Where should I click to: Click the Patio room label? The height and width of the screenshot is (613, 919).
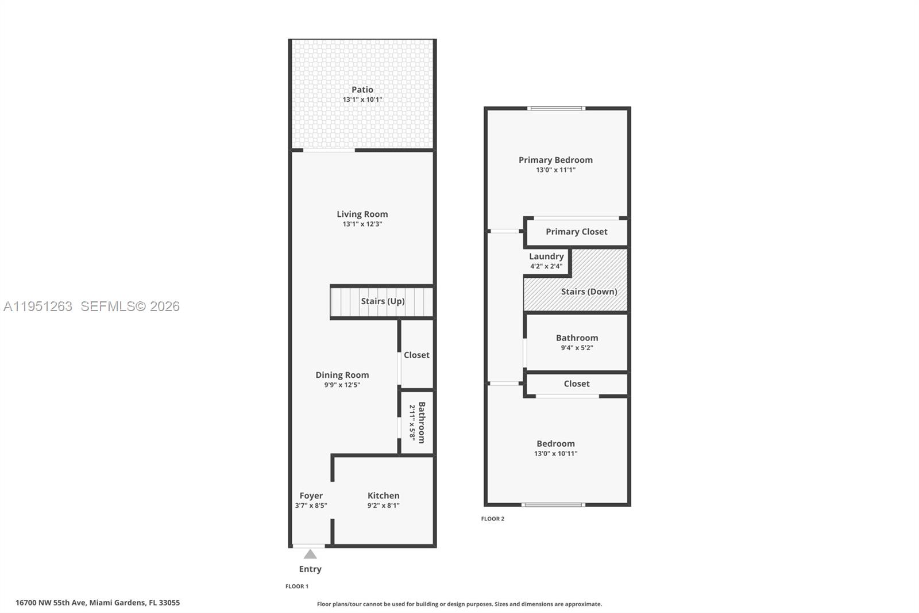coord(362,90)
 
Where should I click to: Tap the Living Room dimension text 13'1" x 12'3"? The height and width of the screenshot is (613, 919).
coord(362,224)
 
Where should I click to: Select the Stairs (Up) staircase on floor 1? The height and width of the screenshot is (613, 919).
coord(382,301)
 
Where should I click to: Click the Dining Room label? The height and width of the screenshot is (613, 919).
coord(342,375)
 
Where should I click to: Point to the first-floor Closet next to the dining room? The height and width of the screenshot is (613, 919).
coord(416,355)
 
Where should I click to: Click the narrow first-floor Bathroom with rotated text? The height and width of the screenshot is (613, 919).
coord(417,423)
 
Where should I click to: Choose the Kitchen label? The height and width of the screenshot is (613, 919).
coord(383,496)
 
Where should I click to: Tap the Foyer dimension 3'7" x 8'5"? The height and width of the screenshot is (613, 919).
coord(311,505)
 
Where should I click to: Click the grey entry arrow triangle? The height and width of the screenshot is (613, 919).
coord(310,554)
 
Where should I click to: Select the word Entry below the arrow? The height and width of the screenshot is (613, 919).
coord(310,569)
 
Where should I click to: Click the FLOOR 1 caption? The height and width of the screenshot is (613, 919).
coord(297,587)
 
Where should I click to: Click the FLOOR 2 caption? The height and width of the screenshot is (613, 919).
coord(493,519)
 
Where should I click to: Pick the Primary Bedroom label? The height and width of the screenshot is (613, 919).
coord(555,160)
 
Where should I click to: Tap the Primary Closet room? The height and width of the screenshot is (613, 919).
coord(576,232)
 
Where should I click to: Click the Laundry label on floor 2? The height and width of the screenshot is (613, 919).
coord(546,256)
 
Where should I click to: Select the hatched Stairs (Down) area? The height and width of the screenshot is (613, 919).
coord(589,292)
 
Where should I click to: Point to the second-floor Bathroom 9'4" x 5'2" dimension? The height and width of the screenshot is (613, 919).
coord(577,348)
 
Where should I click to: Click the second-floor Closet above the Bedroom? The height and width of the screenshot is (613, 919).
coord(576,384)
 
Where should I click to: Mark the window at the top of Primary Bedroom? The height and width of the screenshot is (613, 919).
coord(556,108)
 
